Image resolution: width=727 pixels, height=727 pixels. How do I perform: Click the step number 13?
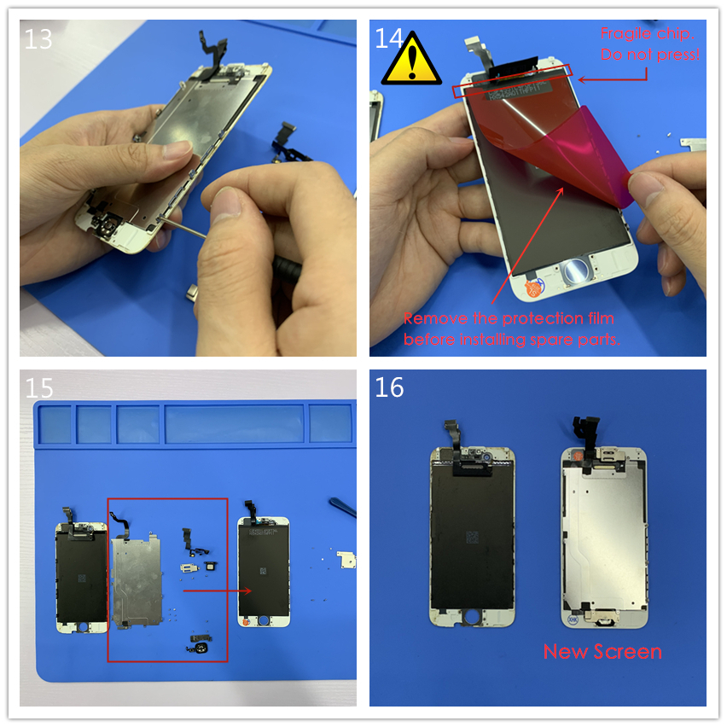pyautogui.click(x=38, y=39)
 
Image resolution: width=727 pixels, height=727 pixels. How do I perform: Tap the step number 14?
pyautogui.click(x=388, y=38)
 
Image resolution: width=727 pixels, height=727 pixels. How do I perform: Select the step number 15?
pyautogui.click(x=39, y=388)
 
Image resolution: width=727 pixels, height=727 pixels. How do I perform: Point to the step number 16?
pyautogui.click(x=389, y=387)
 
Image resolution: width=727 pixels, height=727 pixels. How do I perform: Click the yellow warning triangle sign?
pyautogui.click(x=411, y=60)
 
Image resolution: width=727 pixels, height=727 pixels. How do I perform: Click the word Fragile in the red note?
pyautogui.click(x=624, y=33)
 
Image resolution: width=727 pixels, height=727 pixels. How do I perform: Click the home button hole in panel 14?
pyautogui.click(x=575, y=270)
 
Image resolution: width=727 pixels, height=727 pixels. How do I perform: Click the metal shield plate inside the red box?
pyautogui.click(x=136, y=579)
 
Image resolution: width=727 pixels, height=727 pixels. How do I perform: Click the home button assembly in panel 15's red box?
pyautogui.click(x=201, y=644)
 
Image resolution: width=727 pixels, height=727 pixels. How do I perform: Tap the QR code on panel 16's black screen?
pyautogui.click(x=472, y=538)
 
